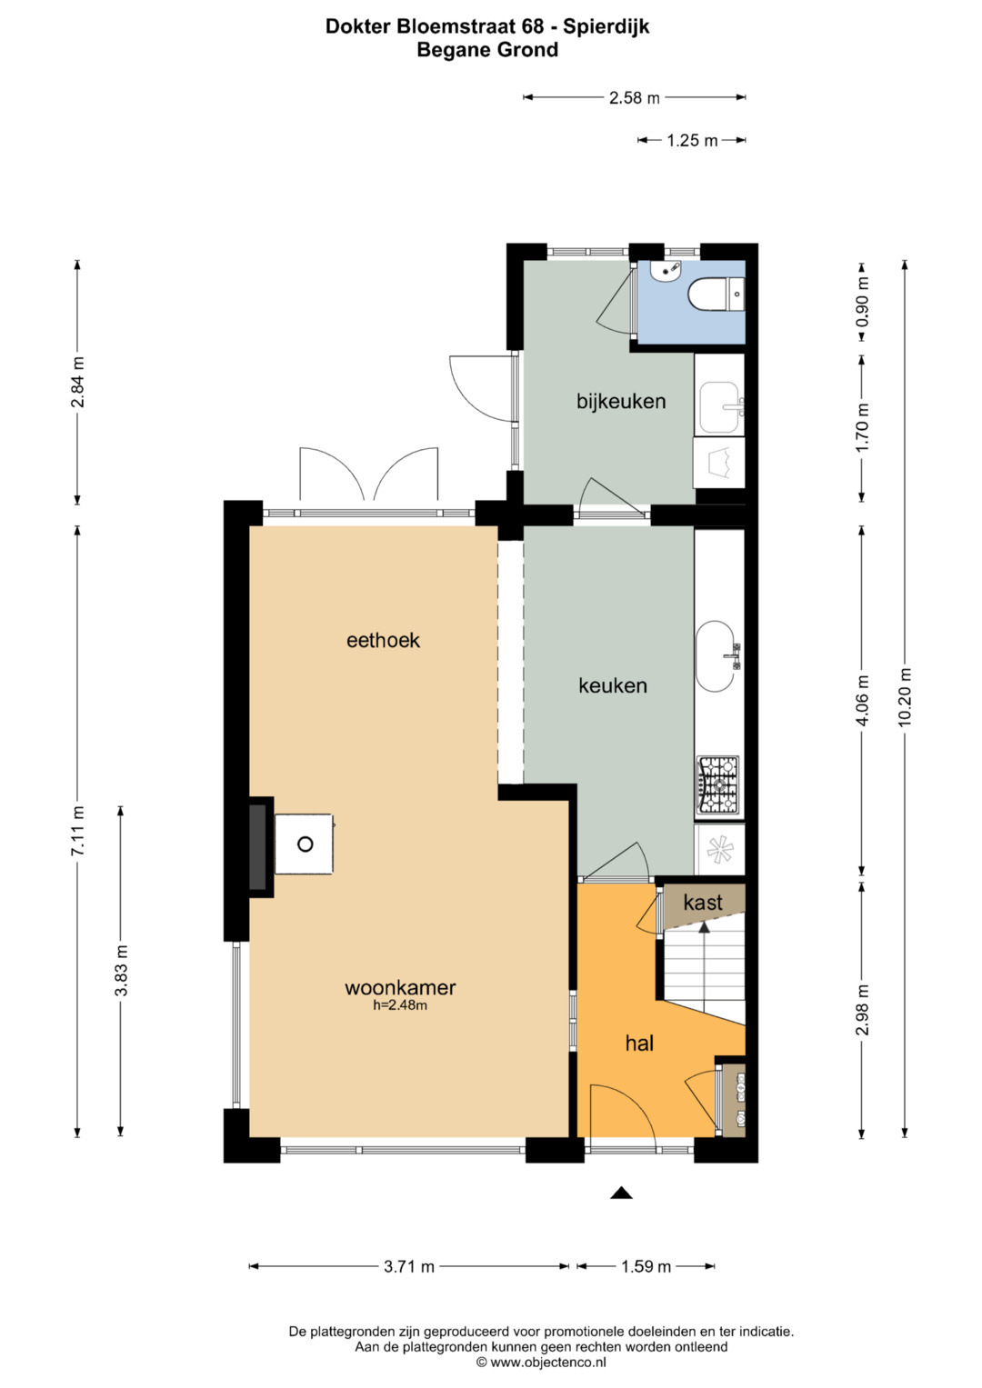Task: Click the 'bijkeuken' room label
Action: pyautogui.click(x=620, y=402)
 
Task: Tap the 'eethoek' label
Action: pyautogui.click(x=383, y=640)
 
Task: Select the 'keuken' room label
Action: pyautogui.click(x=613, y=685)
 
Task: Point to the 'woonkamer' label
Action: pyautogui.click(x=400, y=987)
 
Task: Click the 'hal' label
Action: pyautogui.click(x=639, y=1043)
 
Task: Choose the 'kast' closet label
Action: pyautogui.click(x=703, y=903)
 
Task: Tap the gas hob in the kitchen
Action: pyautogui.click(x=719, y=784)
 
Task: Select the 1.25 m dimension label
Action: pyautogui.click(x=692, y=141)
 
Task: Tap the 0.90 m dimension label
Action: pyautogui.click(x=862, y=302)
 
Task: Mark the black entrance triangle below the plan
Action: pyautogui.click(x=621, y=1193)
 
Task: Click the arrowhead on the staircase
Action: pyautogui.click(x=704, y=927)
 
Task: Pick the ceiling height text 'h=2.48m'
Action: pyautogui.click(x=400, y=1005)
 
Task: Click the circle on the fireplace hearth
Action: pyautogui.click(x=305, y=844)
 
